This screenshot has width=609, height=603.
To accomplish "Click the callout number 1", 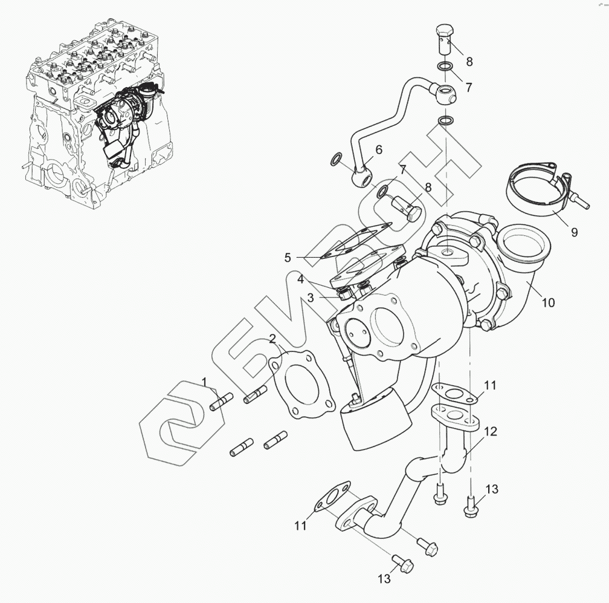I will pyautogui.click(x=204, y=381).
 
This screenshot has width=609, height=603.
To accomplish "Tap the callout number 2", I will pyautogui.click(x=272, y=339).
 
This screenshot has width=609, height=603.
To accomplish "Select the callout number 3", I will pyautogui.click(x=310, y=297).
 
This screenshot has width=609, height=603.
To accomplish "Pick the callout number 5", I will pyautogui.click(x=288, y=258).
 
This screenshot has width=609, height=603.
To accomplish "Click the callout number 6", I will pyautogui.click(x=379, y=149).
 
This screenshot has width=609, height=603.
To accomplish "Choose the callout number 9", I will pyautogui.click(x=573, y=232).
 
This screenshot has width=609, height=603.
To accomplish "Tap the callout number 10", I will pyautogui.click(x=547, y=302).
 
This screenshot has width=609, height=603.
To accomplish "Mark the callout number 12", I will pyautogui.click(x=491, y=432).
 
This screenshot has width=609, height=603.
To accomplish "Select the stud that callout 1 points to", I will pyautogui.click(x=222, y=402).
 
